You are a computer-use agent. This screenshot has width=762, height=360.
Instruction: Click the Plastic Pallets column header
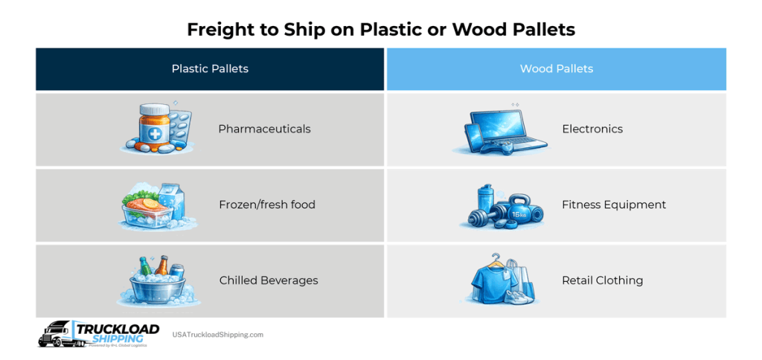pyautogui.click(x=210, y=68)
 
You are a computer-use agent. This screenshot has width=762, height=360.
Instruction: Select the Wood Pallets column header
pyautogui.click(x=556, y=68)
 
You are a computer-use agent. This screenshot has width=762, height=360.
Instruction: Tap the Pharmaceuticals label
pyautogui.click(x=264, y=129)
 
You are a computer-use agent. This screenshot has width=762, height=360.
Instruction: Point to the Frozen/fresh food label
pyautogui.click(x=266, y=205)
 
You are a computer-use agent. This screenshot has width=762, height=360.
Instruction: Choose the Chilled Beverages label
pyautogui.click(x=268, y=280)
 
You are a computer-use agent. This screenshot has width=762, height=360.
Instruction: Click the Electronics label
pyautogui.click(x=592, y=129)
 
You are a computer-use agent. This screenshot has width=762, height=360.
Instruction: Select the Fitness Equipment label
pyautogui.click(x=613, y=205)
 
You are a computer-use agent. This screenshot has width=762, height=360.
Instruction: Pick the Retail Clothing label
pyautogui.click(x=602, y=280)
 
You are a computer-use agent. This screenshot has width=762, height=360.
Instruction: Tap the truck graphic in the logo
pyautogui.click(x=56, y=335)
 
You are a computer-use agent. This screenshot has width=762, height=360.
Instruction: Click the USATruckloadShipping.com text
pyautogui.click(x=217, y=335)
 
